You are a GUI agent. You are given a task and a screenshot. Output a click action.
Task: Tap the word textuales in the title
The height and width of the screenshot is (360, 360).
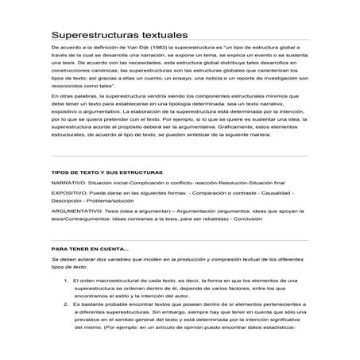click(162, 35)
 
